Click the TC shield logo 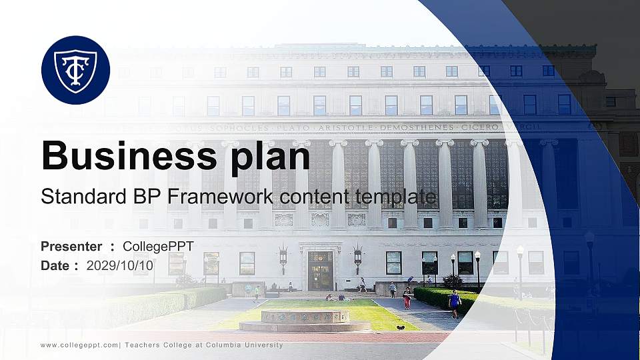click(x=75, y=70)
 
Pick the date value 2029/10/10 click(x=120, y=265)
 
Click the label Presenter click(x=71, y=247)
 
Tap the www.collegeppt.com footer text click(x=79, y=345)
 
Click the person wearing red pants click(x=407, y=298)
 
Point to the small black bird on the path click(x=400, y=327)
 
